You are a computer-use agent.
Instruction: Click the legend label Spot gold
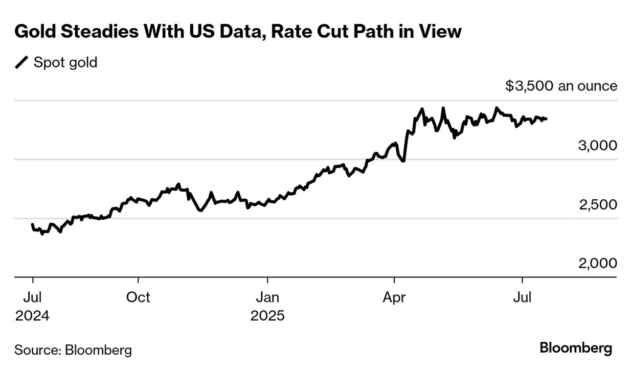[65, 63]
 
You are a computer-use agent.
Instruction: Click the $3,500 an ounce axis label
[561, 86]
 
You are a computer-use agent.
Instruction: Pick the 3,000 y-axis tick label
[597, 146]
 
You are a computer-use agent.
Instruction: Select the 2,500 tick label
[598, 204]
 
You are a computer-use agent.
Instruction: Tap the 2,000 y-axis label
[598, 264]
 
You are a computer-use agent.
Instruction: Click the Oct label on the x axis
[138, 297]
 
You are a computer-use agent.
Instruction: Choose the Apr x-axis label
[394, 297]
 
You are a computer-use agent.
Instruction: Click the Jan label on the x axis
[267, 297]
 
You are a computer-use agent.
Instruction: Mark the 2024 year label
[32, 316]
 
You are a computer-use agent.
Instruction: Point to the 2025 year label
[267, 316]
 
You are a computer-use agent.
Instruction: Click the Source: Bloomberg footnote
[73, 350]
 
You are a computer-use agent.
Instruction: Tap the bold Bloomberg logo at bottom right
[576, 349]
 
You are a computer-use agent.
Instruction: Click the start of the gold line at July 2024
[33, 225]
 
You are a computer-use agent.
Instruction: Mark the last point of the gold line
[546, 119]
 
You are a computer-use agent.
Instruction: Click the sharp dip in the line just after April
[403, 161]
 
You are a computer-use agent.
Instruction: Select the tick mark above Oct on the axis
[138, 281]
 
